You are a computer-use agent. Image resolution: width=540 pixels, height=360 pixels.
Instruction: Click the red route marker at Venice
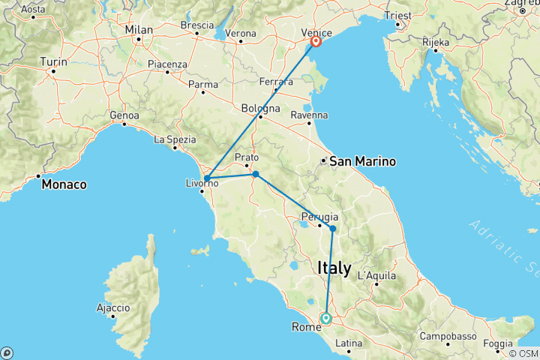pos(317,41)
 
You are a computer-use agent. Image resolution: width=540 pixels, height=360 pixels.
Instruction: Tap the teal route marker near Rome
pos(326,318)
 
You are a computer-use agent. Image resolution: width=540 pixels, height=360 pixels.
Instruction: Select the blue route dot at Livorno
pos(206,178)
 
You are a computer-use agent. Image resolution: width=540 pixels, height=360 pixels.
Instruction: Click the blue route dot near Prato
pos(256,174)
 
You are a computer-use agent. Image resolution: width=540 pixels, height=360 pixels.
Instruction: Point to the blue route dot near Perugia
pos(332,228)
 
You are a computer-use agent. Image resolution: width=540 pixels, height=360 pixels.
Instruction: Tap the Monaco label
pos(64,184)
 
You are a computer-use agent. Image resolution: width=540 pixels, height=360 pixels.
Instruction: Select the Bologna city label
pos(261,108)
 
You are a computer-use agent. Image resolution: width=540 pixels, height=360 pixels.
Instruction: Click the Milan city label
pos(139,30)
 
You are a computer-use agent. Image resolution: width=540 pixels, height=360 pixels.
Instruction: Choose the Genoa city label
pos(124,115)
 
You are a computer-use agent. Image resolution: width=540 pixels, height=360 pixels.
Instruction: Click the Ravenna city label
pos(310,115)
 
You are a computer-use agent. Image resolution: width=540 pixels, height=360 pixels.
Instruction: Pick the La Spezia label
pos(175,139)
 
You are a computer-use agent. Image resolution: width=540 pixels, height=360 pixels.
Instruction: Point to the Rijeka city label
pos(435,42)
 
